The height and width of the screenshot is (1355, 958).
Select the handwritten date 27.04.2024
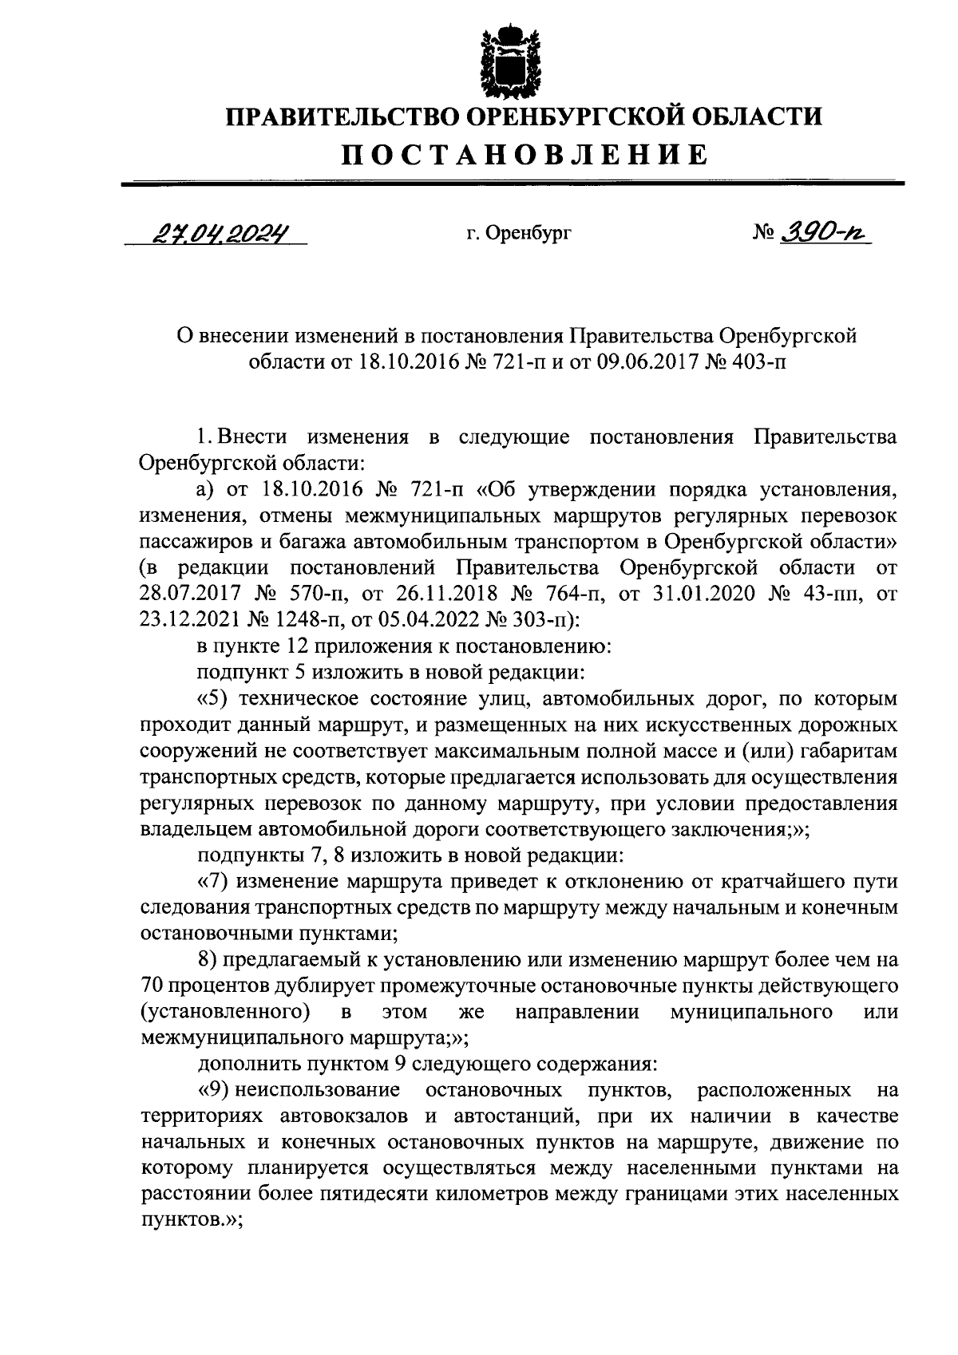[x=217, y=232]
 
